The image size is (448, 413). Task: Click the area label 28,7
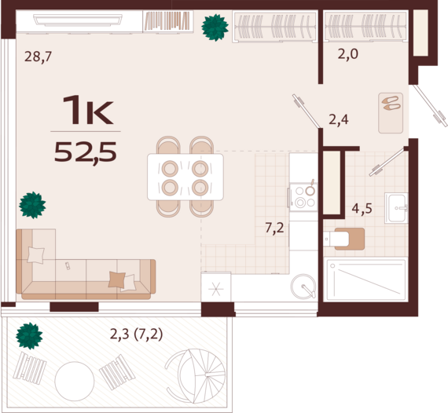click(x=38, y=57)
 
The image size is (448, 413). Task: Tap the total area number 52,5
click(x=86, y=152)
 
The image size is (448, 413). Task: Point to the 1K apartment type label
click(x=88, y=110)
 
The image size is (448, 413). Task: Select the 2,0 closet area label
click(x=347, y=54)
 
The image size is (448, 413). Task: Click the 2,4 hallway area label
click(x=339, y=119)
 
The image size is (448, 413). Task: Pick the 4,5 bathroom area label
click(x=362, y=208)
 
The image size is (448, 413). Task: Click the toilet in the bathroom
click(x=344, y=239)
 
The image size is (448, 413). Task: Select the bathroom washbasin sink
click(x=396, y=208)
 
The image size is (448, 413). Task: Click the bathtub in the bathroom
click(x=366, y=280)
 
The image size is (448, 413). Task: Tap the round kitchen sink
click(x=303, y=287)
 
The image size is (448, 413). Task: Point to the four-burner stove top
click(x=303, y=197)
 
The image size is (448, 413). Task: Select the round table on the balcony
click(x=75, y=382)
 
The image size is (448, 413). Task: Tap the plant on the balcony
click(x=29, y=335)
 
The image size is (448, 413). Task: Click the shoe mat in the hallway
click(x=391, y=113)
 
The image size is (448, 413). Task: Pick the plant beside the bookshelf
click(x=215, y=27)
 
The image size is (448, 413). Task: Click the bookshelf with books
click(x=167, y=21)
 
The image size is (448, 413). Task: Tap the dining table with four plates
click(x=185, y=177)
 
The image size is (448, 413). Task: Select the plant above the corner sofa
click(x=32, y=205)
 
